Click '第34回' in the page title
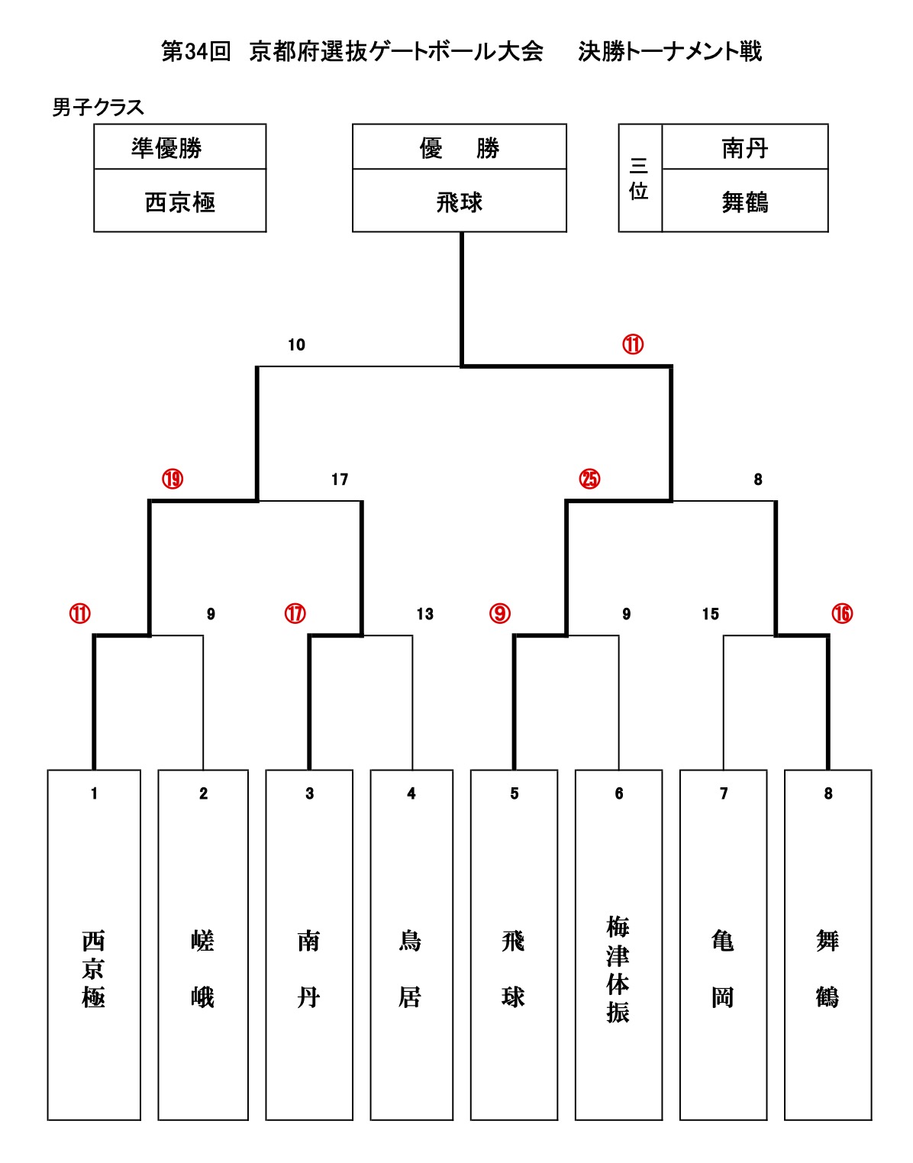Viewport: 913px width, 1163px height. click(195, 52)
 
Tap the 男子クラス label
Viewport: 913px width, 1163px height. click(98, 108)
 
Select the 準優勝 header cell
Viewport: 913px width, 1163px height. click(166, 147)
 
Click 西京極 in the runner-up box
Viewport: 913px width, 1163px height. click(180, 202)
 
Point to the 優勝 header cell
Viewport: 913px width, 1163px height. click(459, 147)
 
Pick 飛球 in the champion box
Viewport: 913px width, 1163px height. click(459, 202)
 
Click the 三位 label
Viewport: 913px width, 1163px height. click(639, 178)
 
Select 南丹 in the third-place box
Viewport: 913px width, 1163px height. click(744, 147)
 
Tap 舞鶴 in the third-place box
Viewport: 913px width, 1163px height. click(744, 202)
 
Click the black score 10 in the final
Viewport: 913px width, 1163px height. click(296, 345)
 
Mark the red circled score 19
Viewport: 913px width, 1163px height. click(173, 480)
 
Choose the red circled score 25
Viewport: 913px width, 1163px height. click(589, 480)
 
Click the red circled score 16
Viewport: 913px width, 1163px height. click(841, 614)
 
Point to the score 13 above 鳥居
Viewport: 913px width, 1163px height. click(424, 614)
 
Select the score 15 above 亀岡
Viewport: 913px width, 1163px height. click(710, 614)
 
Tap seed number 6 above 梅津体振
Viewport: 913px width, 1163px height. click(618, 794)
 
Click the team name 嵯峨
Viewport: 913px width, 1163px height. click(202, 968)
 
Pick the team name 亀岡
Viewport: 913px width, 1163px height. click(723, 968)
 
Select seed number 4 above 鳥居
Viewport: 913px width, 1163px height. click(411, 794)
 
